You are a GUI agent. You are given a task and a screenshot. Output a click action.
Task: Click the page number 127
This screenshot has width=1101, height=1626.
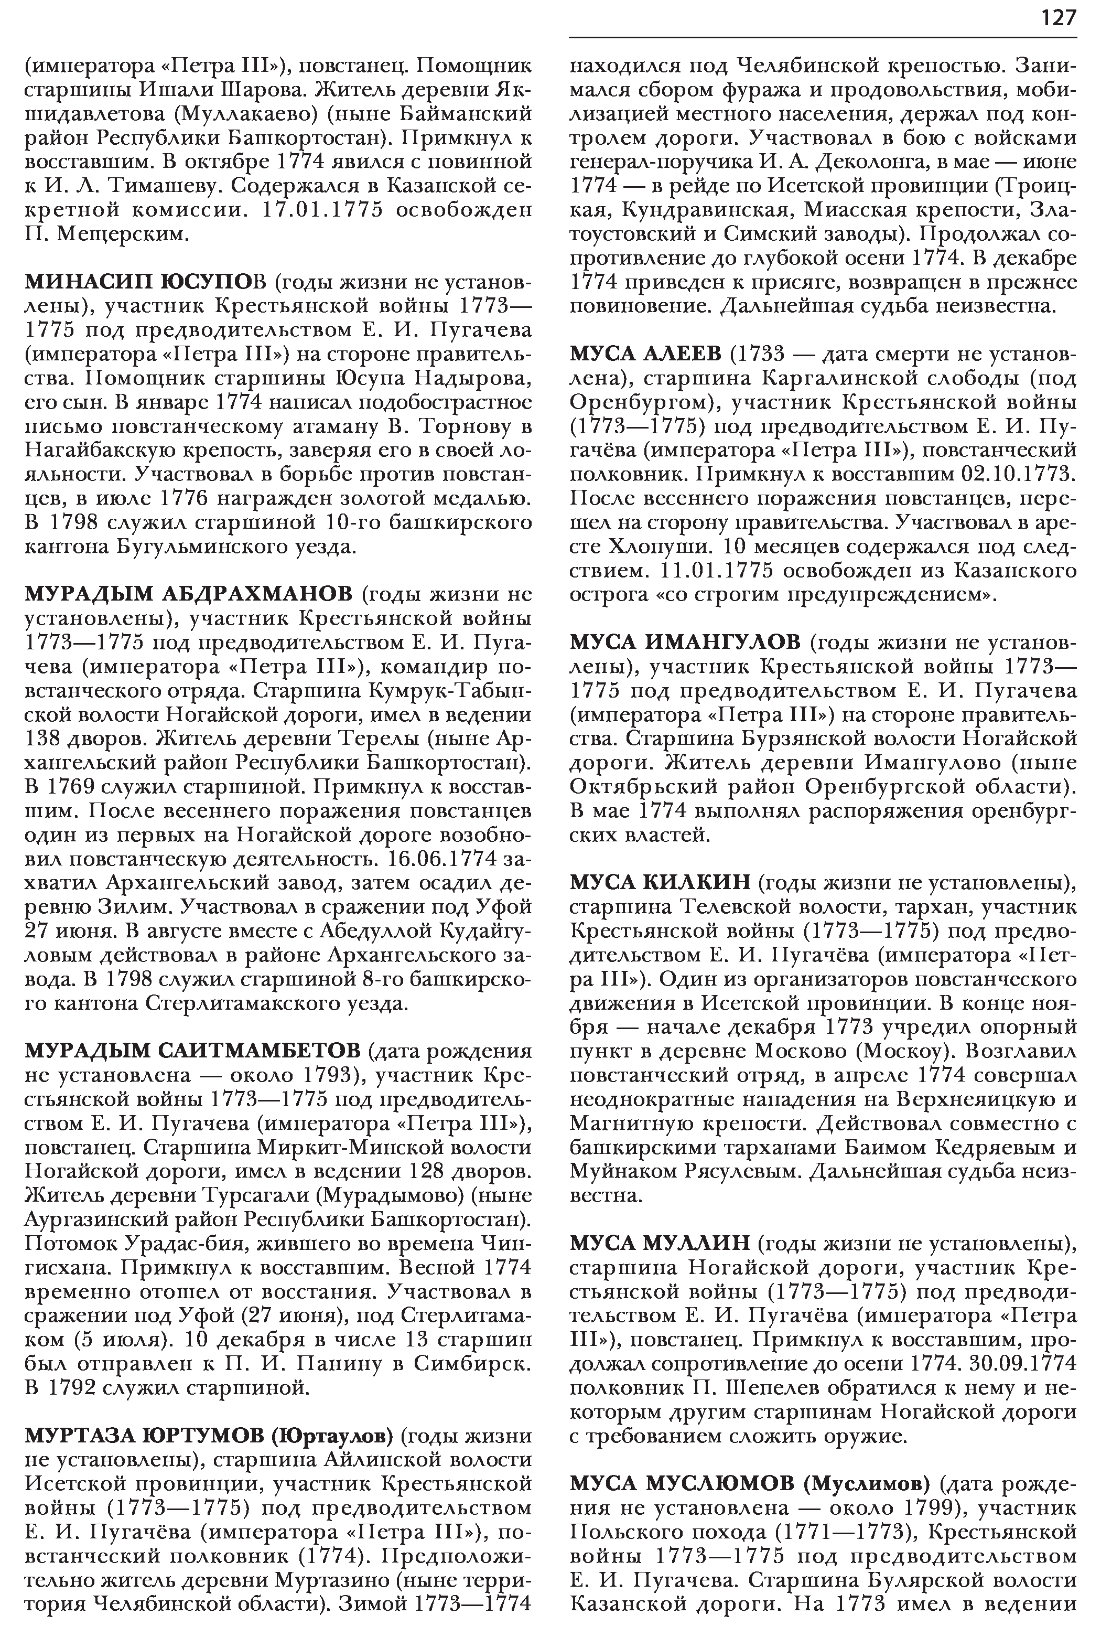coord(1057,17)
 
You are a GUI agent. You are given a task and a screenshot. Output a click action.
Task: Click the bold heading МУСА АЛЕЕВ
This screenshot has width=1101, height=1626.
coord(645,354)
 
